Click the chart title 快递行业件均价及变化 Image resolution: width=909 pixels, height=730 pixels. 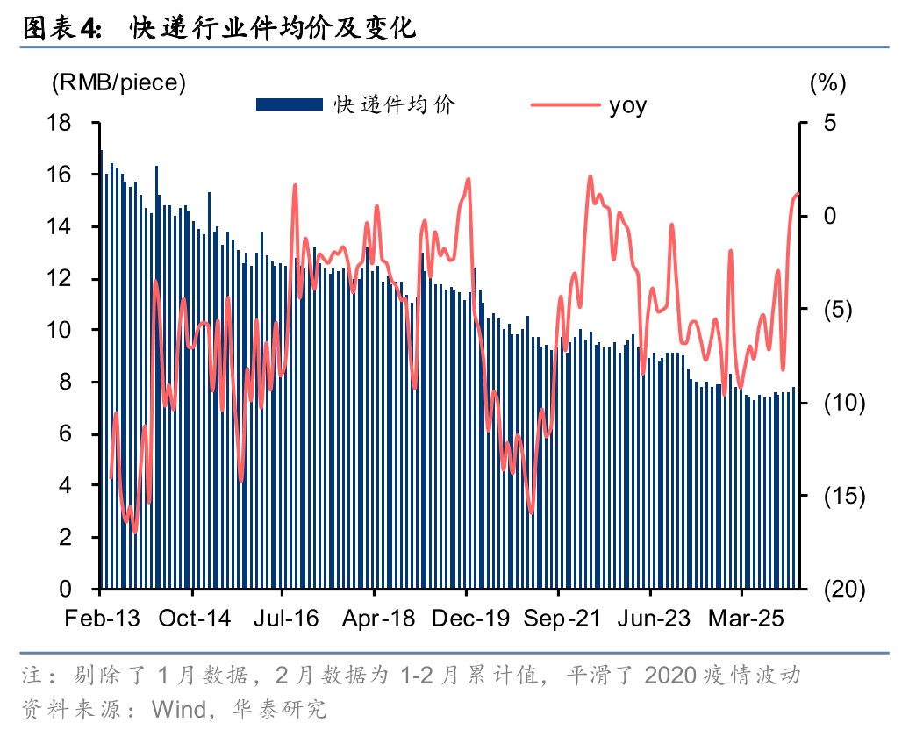point(272,28)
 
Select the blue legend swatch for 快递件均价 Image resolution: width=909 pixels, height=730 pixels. point(289,105)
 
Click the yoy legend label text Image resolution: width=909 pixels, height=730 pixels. point(627,105)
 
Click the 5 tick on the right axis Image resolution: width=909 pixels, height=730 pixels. point(829,123)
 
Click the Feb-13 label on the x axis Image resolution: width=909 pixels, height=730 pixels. point(102,619)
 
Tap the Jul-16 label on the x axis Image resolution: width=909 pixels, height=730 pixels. point(286,619)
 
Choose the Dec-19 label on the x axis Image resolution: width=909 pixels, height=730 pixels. point(470,619)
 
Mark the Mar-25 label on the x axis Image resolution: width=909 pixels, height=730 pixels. point(745,619)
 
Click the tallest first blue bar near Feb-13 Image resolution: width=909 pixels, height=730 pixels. point(102,369)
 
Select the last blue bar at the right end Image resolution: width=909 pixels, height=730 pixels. point(794,488)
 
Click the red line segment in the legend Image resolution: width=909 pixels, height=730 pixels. point(565,105)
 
